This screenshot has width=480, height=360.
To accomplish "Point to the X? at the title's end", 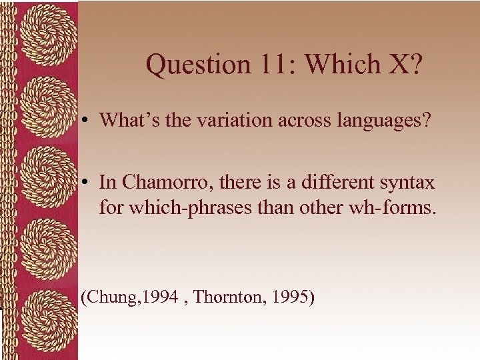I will tap(403, 65).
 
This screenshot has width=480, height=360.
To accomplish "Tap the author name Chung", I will tap(107, 296).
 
